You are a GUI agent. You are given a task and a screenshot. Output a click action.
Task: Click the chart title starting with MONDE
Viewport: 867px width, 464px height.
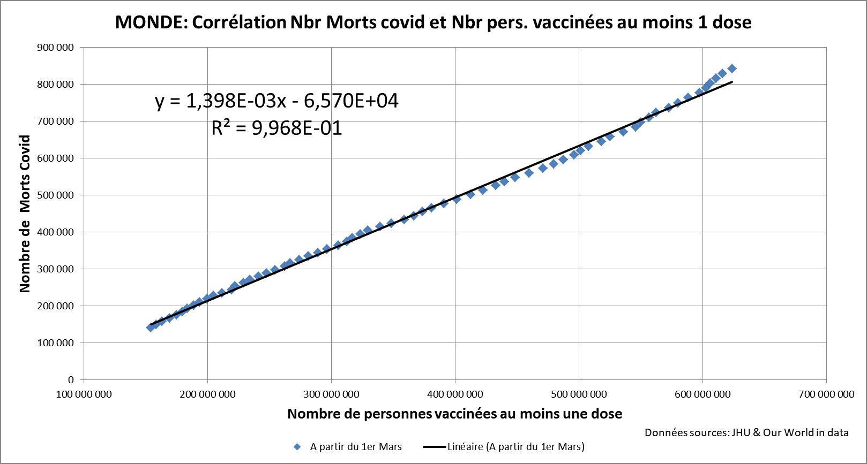pyautogui.click(x=433, y=22)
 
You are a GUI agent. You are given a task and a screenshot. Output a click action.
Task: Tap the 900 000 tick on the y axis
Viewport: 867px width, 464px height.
pyautogui.click(x=55, y=48)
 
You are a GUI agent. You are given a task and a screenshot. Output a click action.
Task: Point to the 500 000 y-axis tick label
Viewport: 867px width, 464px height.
pyautogui.click(x=55, y=195)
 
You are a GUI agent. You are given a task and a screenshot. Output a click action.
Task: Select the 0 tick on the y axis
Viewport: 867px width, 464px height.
pyautogui.click(x=71, y=380)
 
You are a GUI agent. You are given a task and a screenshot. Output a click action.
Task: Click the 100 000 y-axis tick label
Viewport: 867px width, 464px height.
pyautogui.click(x=55, y=343)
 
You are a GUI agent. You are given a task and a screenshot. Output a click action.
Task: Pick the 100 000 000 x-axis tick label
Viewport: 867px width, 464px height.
pyautogui.click(x=84, y=394)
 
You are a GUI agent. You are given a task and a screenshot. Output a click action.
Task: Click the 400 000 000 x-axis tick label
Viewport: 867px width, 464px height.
pyautogui.click(x=455, y=394)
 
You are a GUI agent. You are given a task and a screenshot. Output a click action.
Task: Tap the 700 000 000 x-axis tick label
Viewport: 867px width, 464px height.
pyautogui.click(x=826, y=394)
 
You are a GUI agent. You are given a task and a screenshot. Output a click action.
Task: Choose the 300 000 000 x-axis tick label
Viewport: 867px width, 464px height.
pyautogui.click(x=331, y=394)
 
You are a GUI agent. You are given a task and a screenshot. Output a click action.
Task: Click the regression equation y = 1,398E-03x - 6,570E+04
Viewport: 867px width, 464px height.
pyautogui.click(x=276, y=101)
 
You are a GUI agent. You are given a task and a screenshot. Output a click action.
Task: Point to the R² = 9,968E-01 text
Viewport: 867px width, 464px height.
pyautogui.click(x=276, y=128)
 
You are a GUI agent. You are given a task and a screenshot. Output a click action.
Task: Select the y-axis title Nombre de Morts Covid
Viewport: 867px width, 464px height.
pyautogui.click(x=25, y=214)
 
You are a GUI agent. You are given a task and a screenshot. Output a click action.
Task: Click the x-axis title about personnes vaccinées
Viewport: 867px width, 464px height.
pyautogui.click(x=454, y=414)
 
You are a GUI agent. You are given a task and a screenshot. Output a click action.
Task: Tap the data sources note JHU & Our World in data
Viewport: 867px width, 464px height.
pyautogui.click(x=746, y=432)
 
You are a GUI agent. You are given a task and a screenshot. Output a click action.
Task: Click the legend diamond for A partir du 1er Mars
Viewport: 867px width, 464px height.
pyautogui.click(x=297, y=447)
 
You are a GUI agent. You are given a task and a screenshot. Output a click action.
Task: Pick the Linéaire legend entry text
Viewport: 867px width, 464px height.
pyautogui.click(x=515, y=447)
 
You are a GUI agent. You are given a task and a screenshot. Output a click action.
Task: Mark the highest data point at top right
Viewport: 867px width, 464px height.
pyautogui.click(x=732, y=69)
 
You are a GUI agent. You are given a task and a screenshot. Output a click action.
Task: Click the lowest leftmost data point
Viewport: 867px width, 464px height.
pyautogui.click(x=151, y=328)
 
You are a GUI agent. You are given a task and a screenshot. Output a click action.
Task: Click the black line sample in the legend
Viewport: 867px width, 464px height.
pyautogui.click(x=435, y=447)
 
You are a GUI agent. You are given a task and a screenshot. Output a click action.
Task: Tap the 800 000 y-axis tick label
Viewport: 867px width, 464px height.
pyautogui.click(x=55, y=85)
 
